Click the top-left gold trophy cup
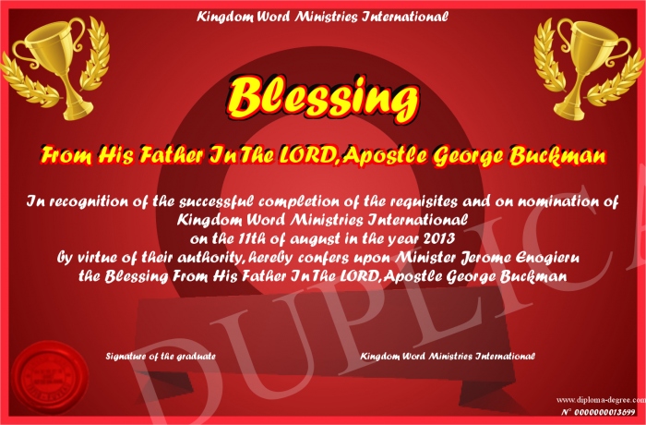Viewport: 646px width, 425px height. click(54, 67)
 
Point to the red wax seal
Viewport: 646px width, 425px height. click(50, 378)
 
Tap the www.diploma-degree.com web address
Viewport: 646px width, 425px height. click(601, 399)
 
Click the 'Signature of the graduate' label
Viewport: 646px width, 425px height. click(161, 356)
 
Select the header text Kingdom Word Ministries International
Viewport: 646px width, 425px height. click(322, 17)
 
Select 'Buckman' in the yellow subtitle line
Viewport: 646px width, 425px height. click(557, 156)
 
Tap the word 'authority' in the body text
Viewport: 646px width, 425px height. click(209, 259)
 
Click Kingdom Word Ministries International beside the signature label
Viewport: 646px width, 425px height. click(448, 356)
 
